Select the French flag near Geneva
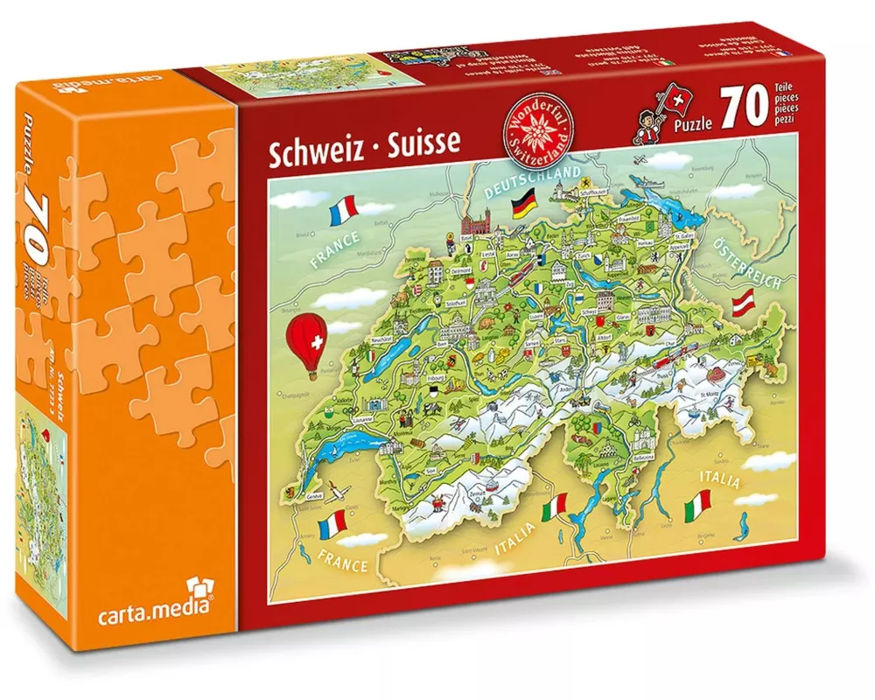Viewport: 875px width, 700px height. point(333,524)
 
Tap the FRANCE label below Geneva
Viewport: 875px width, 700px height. point(342,561)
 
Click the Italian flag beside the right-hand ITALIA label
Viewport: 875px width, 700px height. point(697,501)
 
